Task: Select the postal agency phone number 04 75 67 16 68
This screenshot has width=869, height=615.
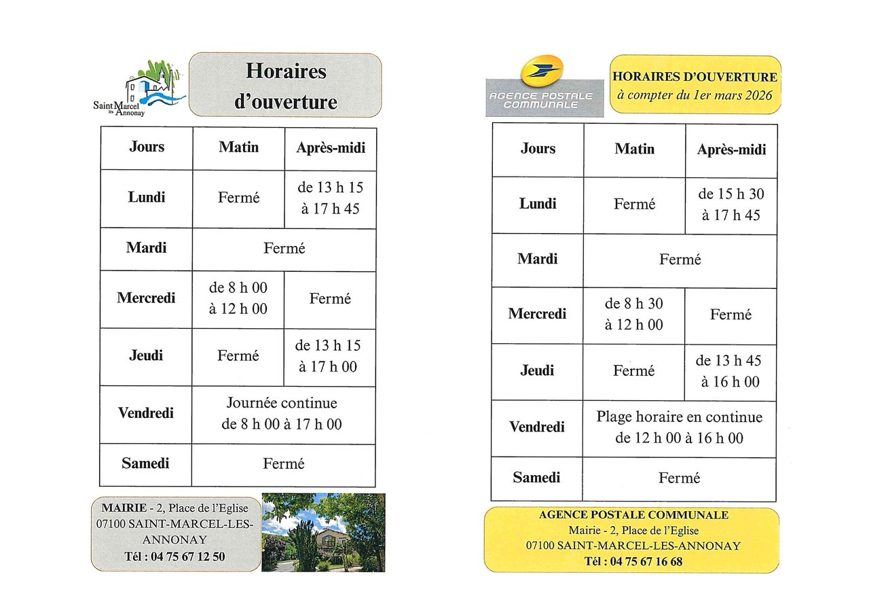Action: coord(633,561)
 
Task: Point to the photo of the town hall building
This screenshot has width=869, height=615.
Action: coord(323,532)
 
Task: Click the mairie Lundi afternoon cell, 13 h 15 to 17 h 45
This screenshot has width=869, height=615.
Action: coord(330,198)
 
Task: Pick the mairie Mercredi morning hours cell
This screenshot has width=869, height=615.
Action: coord(238,298)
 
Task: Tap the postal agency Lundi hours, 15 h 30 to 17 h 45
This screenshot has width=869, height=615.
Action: coord(731,205)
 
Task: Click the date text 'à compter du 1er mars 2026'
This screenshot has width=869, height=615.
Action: coord(695,96)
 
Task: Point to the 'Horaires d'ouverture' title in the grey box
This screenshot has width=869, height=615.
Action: coord(285,86)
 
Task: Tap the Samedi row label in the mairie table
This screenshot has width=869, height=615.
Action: coord(145,463)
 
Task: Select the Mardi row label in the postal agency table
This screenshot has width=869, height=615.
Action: coord(537,259)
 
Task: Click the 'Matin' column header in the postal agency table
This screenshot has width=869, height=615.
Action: coord(634,149)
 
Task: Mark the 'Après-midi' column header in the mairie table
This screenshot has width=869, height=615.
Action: coord(330,147)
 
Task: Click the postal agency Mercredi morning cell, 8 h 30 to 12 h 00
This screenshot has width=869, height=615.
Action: coord(634,314)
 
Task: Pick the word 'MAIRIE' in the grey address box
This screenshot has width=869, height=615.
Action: coord(124,508)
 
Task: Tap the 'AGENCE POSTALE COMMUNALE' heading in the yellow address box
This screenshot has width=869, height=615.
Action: coord(633,515)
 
